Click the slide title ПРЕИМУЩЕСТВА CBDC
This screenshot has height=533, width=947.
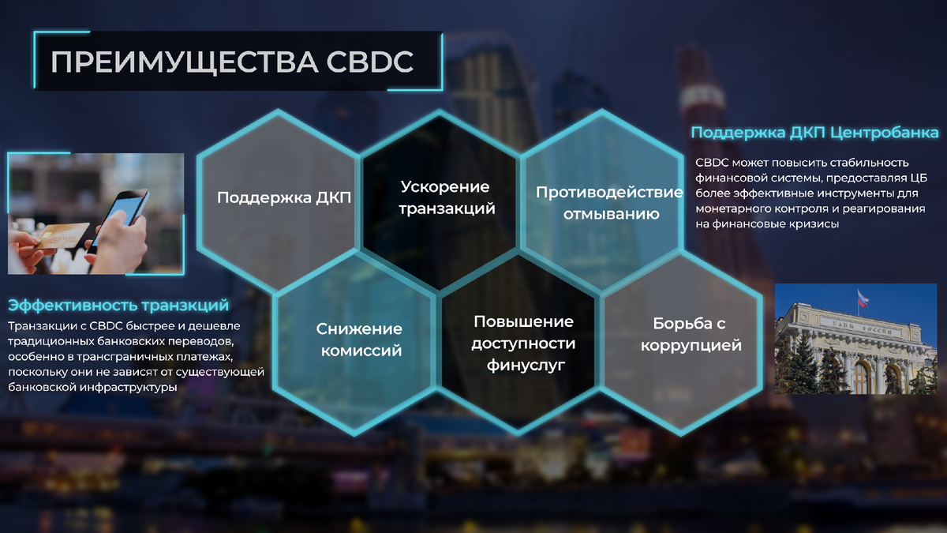click(x=232, y=62)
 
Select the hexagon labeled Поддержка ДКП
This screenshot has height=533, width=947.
click(x=284, y=197)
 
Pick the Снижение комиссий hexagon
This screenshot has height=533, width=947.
click(x=360, y=340)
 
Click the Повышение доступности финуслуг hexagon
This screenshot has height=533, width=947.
click(x=523, y=343)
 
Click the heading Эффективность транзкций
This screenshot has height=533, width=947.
click(x=118, y=305)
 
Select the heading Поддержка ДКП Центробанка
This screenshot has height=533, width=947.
click(x=814, y=132)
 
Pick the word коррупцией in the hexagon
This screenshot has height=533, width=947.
click(x=691, y=345)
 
